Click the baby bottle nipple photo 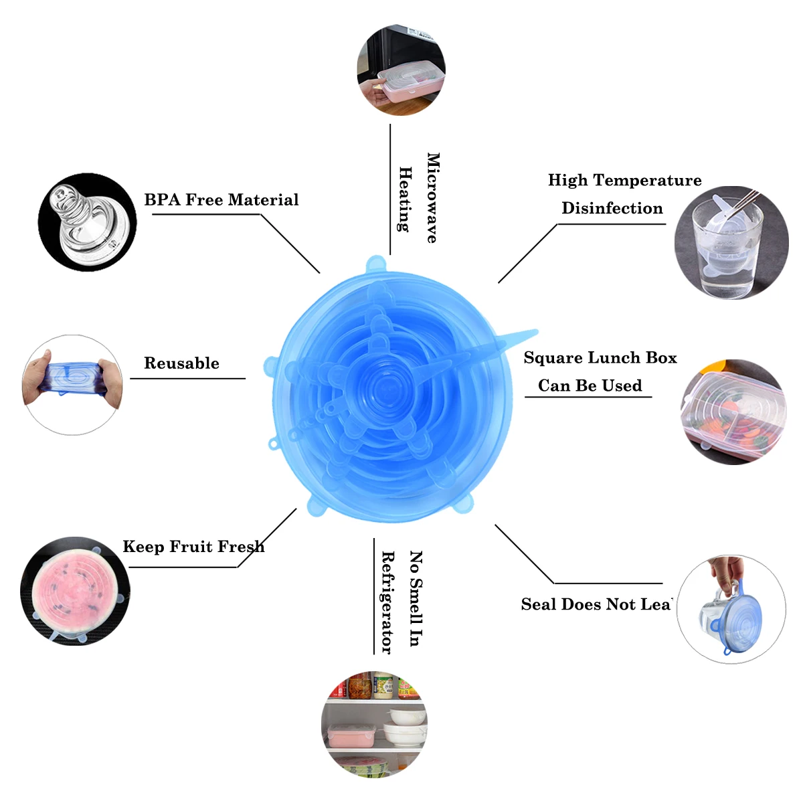tap(87, 222)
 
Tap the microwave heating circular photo tap(401, 71)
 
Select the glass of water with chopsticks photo tap(731, 242)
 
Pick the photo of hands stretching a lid tap(72, 385)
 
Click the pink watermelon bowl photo tap(75, 590)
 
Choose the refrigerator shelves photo tap(374, 725)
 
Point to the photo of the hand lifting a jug tap(731, 609)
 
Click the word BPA tap(162, 200)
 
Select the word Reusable tap(181, 363)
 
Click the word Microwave tap(433, 198)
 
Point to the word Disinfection tap(612, 208)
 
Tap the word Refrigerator tap(387, 602)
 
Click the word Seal tap(539, 604)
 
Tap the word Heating tap(405, 199)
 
